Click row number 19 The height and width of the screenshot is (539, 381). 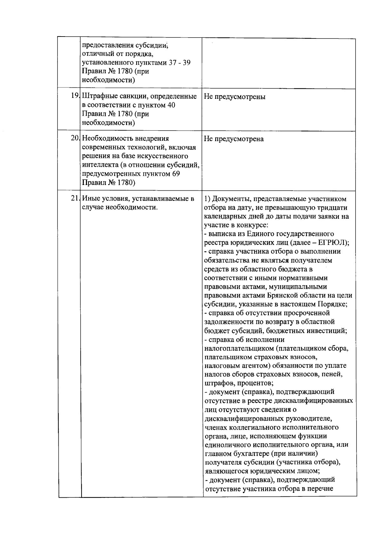click(75, 96)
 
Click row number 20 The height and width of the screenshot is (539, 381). click(75, 138)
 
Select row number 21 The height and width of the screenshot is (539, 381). click(75, 199)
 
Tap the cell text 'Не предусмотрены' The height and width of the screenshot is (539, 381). click(235, 97)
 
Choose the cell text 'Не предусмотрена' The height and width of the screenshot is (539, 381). click(234, 139)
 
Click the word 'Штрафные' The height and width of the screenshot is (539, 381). click(98, 96)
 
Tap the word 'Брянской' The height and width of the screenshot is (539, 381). click(282, 295)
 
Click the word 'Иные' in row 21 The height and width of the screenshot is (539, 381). click(91, 199)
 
